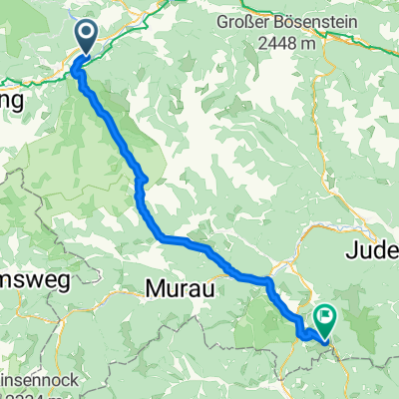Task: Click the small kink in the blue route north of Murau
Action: click(x=144, y=180)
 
